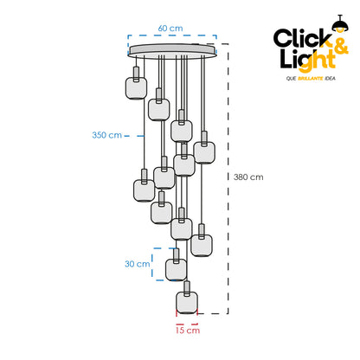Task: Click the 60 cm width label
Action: click(170, 29)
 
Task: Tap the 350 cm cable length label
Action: click(106, 135)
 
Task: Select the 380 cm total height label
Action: click(248, 177)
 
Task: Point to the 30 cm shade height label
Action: click(138, 264)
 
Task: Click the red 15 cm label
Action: click(188, 330)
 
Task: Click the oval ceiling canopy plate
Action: click(172, 51)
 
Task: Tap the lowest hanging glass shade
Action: click(187, 303)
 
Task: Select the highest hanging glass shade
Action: click(136, 88)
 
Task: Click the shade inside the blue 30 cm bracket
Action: click(176, 270)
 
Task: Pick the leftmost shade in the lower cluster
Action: click(145, 190)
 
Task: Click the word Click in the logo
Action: click(302, 38)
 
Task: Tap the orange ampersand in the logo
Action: click(340, 46)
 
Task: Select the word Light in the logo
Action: click(308, 60)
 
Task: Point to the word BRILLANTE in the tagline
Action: click(310, 78)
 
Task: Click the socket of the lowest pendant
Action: click(187, 287)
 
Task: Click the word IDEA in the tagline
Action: click(330, 78)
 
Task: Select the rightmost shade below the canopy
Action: click(204, 153)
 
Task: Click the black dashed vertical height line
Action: click(228, 179)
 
